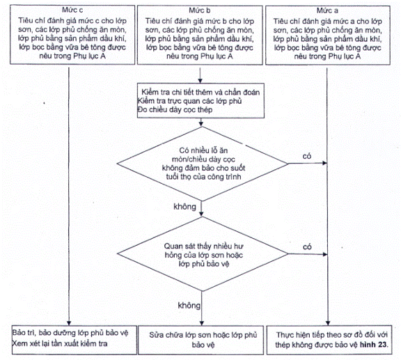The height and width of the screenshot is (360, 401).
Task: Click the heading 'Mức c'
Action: (x=72, y=10)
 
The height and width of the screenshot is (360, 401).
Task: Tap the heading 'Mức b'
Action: (x=200, y=10)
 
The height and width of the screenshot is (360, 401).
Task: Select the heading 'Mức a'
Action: (x=327, y=10)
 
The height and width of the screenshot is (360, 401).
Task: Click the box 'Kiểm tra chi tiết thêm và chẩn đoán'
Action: (x=200, y=100)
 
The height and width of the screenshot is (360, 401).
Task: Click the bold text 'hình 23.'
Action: (x=374, y=345)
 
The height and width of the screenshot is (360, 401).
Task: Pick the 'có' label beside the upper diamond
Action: (x=307, y=156)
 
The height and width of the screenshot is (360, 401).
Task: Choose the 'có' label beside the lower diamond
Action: (x=307, y=247)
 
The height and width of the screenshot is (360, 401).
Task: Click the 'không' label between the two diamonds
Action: (x=184, y=207)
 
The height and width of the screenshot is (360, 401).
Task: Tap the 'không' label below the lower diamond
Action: (x=189, y=305)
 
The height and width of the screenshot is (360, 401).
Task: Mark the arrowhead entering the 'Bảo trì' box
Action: (x=69, y=323)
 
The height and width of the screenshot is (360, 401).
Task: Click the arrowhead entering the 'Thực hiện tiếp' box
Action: (x=328, y=323)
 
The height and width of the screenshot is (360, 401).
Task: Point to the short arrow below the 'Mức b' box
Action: (x=200, y=75)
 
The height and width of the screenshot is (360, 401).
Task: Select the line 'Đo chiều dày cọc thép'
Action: (x=175, y=110)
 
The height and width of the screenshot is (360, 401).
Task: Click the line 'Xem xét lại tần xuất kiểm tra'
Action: (x=60, y=343)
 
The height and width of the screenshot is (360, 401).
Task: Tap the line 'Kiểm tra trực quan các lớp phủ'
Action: (x=189, y=101)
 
